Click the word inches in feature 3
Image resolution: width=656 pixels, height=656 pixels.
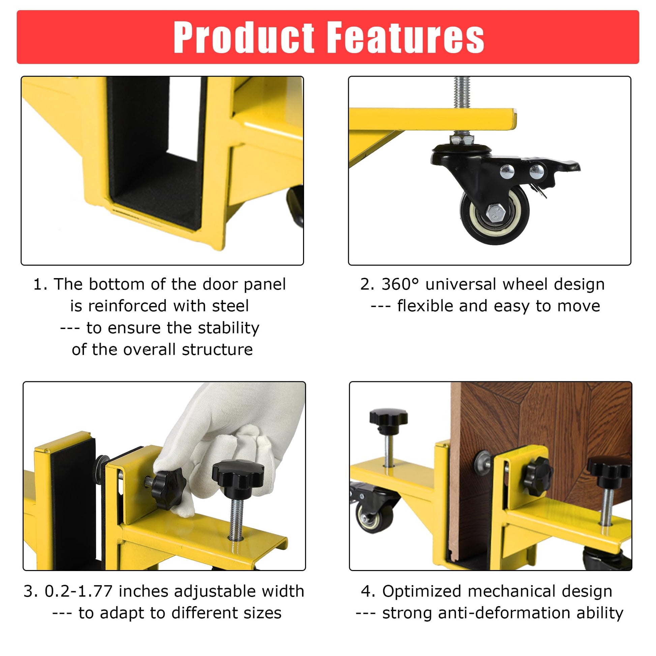pos(143,591)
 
